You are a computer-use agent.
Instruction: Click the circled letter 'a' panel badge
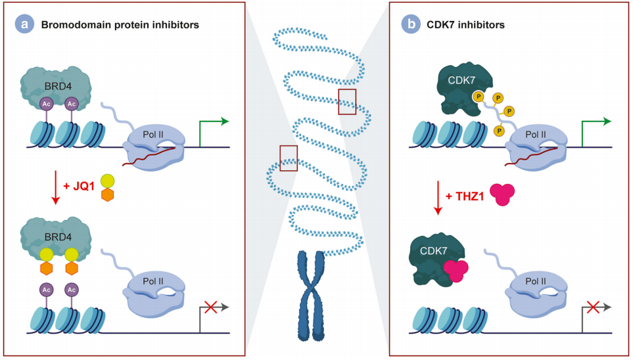(25, 24)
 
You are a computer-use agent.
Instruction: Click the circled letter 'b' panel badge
(411, 24)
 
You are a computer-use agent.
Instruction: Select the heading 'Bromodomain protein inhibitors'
(120, 25)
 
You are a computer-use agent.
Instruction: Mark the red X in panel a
(212, 306)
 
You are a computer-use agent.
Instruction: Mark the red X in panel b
(594, 306)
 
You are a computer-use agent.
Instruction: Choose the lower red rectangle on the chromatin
(289, 157)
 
